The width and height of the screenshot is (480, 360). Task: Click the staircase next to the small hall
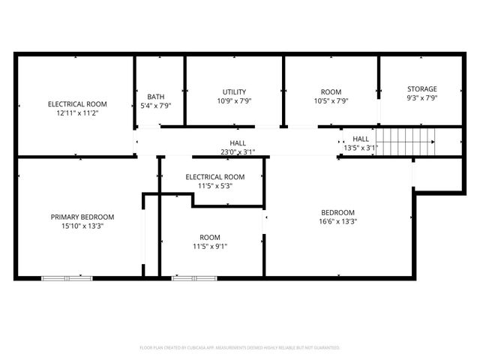point(406,138)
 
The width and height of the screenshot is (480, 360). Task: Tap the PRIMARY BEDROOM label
point(82,217)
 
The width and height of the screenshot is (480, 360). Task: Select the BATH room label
point(156,96)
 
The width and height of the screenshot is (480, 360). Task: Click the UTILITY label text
point(234,91)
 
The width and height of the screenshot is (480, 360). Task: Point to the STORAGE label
point(421,88)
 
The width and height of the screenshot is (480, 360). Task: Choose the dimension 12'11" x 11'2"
point(77,113)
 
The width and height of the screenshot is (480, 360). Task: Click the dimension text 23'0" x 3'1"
point(238,152)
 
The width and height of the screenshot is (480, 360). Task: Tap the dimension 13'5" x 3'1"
point(361,148)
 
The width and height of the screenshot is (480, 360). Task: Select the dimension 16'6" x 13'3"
point(338,221)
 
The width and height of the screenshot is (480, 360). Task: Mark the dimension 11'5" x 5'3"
point(214,186)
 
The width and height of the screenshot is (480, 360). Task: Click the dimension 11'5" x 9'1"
point(204,246)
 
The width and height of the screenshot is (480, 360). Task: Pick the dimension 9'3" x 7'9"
point(421,97)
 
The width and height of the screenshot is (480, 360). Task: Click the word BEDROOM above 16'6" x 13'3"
point(338,212)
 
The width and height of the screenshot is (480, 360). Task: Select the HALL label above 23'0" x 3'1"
point(238,143)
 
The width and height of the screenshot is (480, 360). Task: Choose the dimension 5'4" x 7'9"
point(156,106)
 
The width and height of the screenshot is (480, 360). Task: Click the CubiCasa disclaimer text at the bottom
point(240,348)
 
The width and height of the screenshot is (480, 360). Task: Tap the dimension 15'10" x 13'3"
point(82,226)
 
